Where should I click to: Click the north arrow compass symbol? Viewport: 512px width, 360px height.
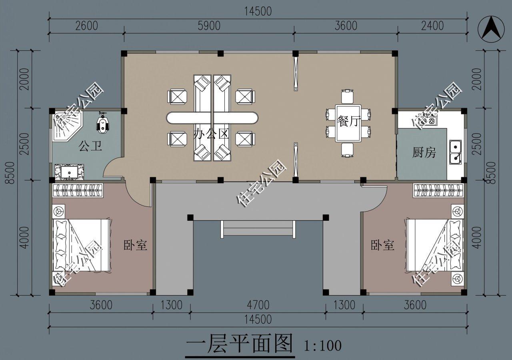coord(491,29)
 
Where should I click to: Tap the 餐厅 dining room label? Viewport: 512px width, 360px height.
coord(348,121)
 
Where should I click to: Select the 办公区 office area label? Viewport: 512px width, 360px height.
coord(211,134)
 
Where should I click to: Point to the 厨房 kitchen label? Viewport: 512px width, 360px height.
coord(424,152)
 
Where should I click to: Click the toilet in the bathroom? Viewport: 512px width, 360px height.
coord(103,123)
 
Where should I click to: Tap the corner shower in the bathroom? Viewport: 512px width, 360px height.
coord(67,127)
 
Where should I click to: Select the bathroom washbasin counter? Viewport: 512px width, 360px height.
coord(69,172)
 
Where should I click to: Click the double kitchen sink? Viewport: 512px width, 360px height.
coord(455,152)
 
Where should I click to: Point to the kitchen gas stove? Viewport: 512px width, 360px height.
coord(427,120)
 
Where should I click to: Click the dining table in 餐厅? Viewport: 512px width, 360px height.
coord(348,124)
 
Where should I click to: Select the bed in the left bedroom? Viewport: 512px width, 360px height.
coord(82,245)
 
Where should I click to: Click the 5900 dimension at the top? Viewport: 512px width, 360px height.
coord(209,26)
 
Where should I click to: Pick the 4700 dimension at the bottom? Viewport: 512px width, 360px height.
coord(258,305)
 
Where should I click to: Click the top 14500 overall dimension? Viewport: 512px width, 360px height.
coord(258,12)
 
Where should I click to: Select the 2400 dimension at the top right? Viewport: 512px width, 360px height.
coord(432,26)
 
